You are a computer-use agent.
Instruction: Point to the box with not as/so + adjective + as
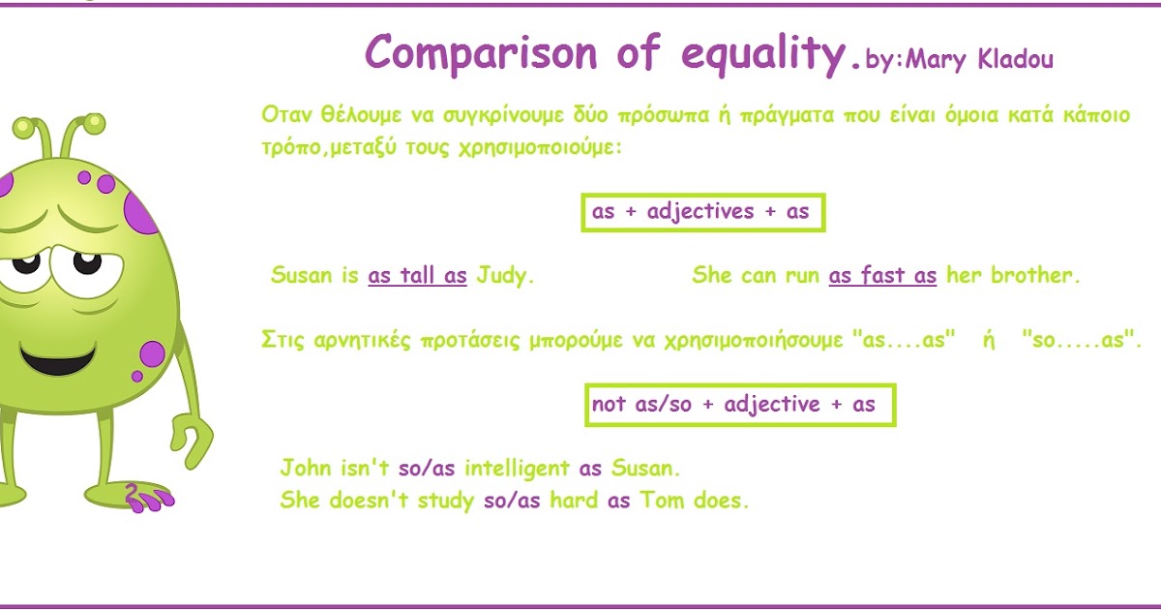(x=741, y=405)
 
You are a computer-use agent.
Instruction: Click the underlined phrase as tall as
(x=417, y=275)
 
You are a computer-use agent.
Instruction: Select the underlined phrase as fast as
(x=882, y=275)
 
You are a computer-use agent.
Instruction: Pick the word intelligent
(x=517, y=469)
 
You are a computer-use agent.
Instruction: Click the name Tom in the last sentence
(x=660, y=501)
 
